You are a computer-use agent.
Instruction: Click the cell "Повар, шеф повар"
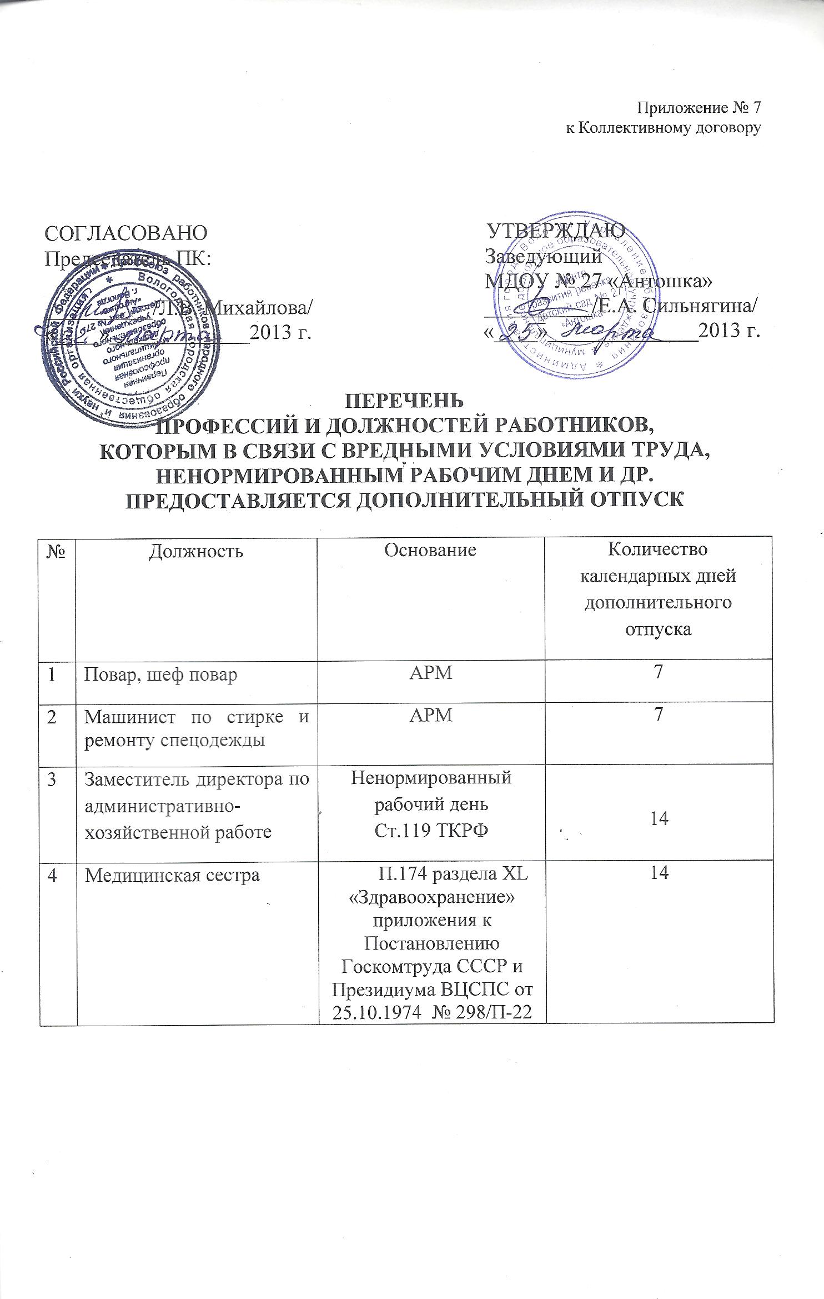[x=160, y=675]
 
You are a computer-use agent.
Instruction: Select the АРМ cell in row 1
[x=430, y=673]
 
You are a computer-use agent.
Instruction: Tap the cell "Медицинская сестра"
[x=172, y=875]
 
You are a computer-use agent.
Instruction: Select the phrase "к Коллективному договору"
[x=662, y=128]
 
